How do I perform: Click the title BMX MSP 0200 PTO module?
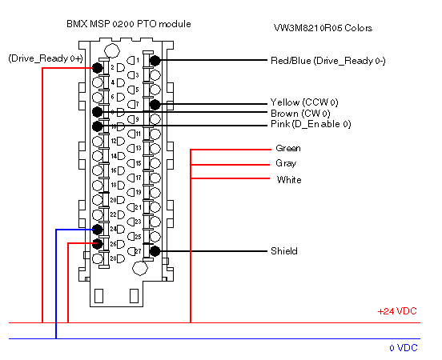coord(129,24)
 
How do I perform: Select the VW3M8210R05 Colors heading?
coord(323,28)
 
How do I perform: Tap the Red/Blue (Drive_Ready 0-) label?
coord(327,61)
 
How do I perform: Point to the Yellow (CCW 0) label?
coord(304,102)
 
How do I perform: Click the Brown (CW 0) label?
coord(300,114)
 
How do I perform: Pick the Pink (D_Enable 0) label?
coord(311,124)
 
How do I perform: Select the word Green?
coord(288,148)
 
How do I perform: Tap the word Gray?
coord(286,163)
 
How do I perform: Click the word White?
coord(289,180)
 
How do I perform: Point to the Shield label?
coord(284,251)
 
